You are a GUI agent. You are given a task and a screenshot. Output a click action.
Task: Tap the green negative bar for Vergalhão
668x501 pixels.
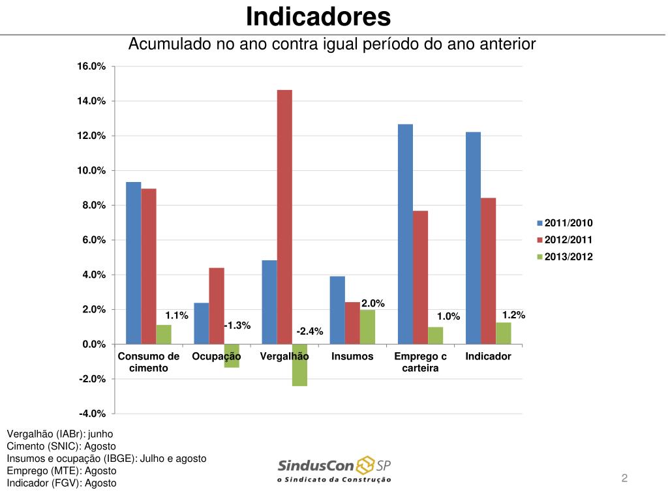coord(299,365)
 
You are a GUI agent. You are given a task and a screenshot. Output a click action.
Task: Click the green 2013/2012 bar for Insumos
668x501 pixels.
coord(367,327)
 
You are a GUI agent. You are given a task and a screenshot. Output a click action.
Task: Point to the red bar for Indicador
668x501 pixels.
coord(488,271)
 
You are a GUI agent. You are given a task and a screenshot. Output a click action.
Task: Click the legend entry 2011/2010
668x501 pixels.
coord(565,223)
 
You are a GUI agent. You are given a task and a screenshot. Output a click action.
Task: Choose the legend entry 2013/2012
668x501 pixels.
coord(565,256)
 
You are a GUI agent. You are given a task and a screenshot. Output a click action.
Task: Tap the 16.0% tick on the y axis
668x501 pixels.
coord(92,67)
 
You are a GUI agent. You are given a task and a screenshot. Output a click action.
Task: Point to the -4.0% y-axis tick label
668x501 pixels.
coord(92,414)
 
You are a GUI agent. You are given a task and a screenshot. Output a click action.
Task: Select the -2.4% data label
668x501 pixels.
coord(310,331)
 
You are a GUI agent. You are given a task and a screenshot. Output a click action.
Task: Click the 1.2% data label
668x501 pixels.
coord(514,315)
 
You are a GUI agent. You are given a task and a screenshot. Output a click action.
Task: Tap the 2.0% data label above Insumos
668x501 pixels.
coord(373,303)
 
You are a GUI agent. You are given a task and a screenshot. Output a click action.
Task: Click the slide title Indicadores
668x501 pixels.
coord(318,16)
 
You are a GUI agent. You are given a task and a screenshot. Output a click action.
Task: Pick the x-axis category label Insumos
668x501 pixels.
coord(352,356)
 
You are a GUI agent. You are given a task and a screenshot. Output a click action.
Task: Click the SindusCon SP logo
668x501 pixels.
coord(335,469)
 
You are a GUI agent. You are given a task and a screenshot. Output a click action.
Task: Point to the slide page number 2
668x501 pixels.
coord(624,478)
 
